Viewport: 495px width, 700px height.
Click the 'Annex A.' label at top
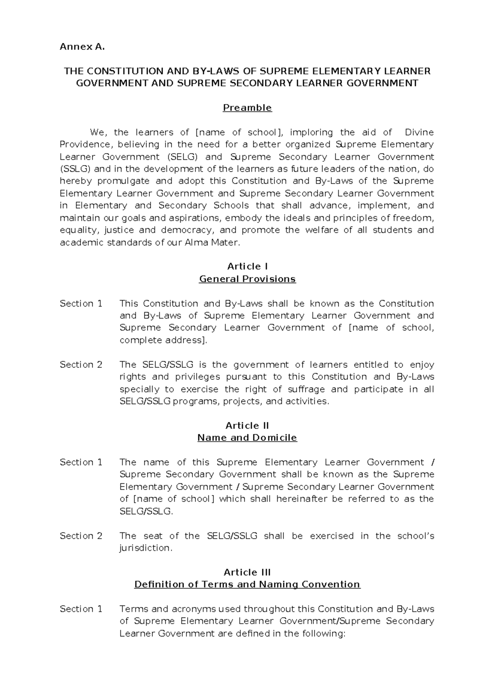point(82,47)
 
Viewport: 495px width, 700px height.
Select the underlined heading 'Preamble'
point(247,108)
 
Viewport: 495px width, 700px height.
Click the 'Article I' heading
point(247,266)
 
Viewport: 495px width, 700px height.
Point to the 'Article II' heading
point(247,426)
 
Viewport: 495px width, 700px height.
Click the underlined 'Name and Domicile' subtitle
point(247,437)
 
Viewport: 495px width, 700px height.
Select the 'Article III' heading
point(247,572)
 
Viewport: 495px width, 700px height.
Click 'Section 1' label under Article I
point(81,303)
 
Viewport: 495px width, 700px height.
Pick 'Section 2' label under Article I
point(81,364)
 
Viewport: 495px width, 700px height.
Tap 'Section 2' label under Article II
point(81,536)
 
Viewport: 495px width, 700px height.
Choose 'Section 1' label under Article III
point(81,609)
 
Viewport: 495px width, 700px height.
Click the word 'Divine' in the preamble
point(419,132)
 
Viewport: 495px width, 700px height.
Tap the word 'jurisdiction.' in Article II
point(146,548)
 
